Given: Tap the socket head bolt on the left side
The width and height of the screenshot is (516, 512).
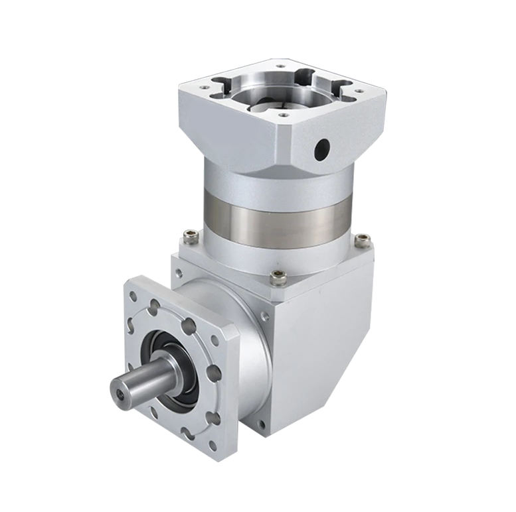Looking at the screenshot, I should point(191,234).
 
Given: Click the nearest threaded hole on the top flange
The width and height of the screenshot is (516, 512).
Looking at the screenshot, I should point(284,114).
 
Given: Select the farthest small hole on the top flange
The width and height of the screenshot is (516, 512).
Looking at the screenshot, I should point(279,66).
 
